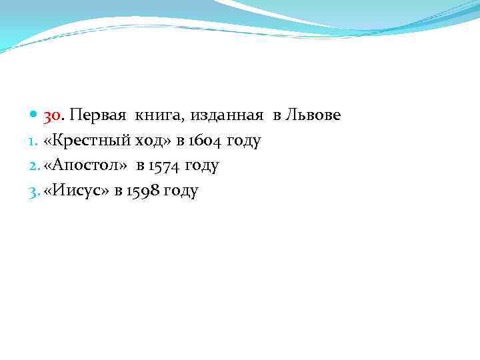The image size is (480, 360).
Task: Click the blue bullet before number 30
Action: [35, 116]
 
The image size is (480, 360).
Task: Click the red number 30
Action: [53, 116]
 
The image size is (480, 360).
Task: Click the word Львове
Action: [313, 116]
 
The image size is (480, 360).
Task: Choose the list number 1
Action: [34, 141]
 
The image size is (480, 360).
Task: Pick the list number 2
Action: [35, 166]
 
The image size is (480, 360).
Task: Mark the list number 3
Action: [35, 191]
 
